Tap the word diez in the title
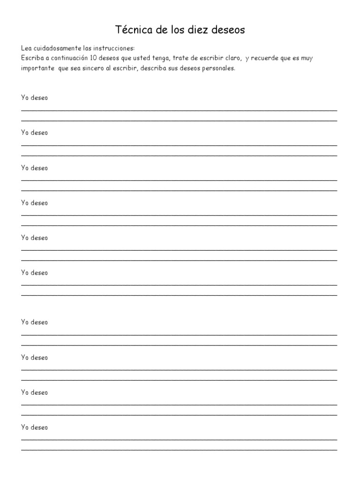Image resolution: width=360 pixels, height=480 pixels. click(203, 30)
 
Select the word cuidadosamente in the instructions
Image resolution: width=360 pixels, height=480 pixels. click(56, 48)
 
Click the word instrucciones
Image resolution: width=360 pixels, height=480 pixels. click(114, 48)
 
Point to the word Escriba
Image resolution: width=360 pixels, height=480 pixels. click(31, 58)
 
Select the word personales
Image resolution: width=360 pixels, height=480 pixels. click(219, 68)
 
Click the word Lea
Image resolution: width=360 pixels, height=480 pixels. click(26, 48)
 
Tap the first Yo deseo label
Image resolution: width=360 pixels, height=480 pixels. click(34, 98)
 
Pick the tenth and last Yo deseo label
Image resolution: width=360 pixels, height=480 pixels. click(34, 427)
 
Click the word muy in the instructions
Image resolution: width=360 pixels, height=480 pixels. click(320, 58)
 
